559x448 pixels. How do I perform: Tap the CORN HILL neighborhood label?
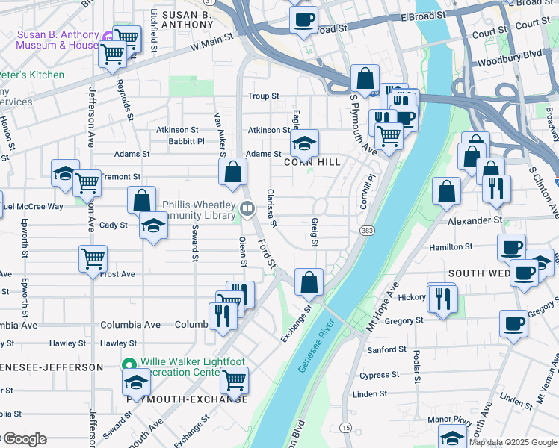coord(312,162)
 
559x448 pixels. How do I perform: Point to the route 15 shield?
coord(345,427)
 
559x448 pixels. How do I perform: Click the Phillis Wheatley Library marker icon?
coord(247,207)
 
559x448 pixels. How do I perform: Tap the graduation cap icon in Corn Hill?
coord(304,142)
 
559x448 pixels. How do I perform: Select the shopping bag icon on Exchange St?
coord(309,282)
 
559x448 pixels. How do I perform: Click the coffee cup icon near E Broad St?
coord(303,19)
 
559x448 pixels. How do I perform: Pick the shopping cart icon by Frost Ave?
coord(93,259)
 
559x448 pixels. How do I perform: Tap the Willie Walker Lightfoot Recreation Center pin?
coord(128,366)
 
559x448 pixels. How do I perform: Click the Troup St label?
coord(263,96)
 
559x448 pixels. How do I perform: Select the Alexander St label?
coord(475,221)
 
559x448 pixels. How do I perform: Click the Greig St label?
coord(314,231)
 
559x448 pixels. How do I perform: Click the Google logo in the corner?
coord(24,439)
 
